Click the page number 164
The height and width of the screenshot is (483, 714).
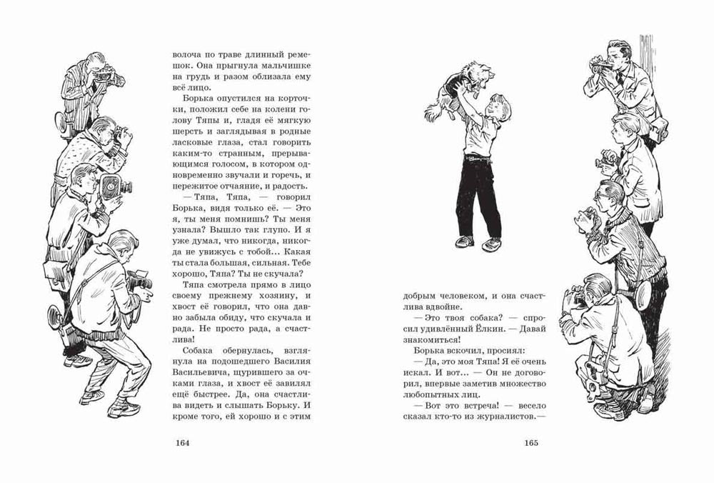181,442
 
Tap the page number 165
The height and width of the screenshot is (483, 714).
532,442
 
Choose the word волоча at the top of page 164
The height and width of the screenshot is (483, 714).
187,53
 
